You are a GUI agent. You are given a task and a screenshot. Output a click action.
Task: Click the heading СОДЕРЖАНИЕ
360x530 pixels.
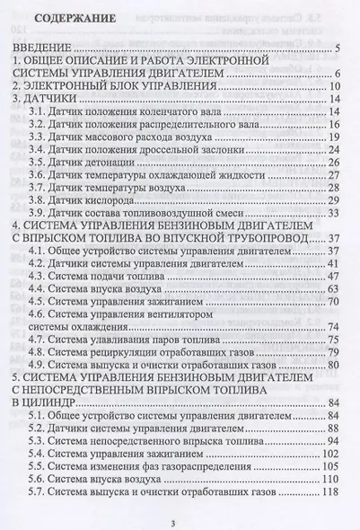pyautogui.click(x=79, y=17)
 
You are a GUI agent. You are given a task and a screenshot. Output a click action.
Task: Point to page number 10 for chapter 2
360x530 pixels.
pyautogui.click(x=330, y=87)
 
